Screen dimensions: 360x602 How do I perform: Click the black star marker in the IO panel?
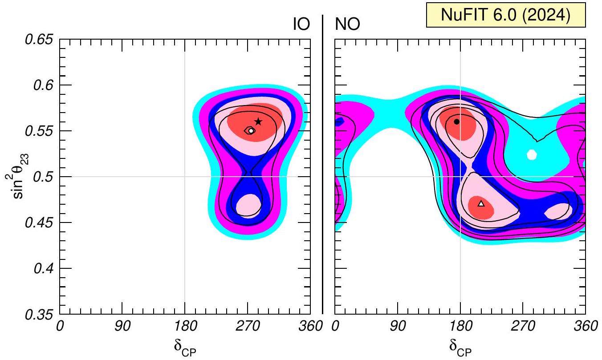click(258, 121)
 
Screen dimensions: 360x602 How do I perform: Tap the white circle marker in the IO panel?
click(251, 130)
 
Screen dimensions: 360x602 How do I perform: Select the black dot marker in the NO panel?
click(456, 121)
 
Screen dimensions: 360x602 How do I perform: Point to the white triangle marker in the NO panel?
click(481, 204)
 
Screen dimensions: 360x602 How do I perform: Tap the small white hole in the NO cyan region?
click(532, 154)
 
